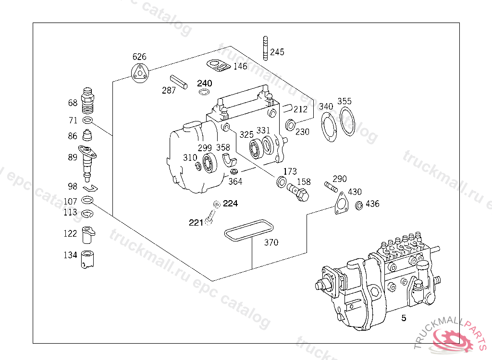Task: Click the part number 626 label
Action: [x=139, y=57]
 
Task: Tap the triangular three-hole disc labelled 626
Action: [x=140, y=73]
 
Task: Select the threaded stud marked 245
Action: [x=265, y=48]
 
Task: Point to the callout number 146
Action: [x=240, y=66]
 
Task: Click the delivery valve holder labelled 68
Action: [x=87, y=101]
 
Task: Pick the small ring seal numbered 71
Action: [x=88, y=120]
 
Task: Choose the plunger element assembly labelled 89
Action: [x=87, y=163]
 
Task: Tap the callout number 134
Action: [x=70, y=255]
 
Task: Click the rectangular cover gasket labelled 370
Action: [x=248, y=230]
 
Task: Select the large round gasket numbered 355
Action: [x=347, y=121]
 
